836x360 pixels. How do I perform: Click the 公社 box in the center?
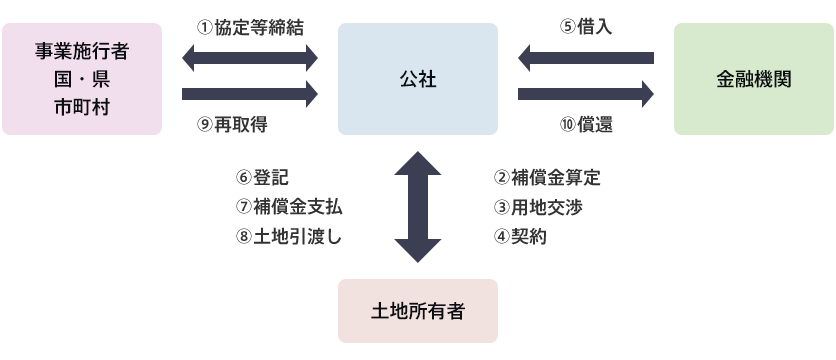point(417,79)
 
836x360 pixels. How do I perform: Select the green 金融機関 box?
point(754,79)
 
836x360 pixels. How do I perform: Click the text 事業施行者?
point(81,50)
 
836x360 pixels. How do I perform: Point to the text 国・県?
point(81,78)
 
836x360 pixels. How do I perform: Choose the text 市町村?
point(81,106)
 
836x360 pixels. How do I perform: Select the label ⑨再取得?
point(232,125)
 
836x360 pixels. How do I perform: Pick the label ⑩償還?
point(586,125)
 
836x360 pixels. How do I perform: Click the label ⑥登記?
point(262,178)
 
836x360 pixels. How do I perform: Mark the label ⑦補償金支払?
point(289,207)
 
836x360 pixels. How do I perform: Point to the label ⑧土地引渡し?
point(289,236)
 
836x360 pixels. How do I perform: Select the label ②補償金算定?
point(546,178)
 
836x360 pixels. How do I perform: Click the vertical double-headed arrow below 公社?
point(417,207)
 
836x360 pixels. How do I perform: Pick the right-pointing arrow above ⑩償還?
point(585,94)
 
